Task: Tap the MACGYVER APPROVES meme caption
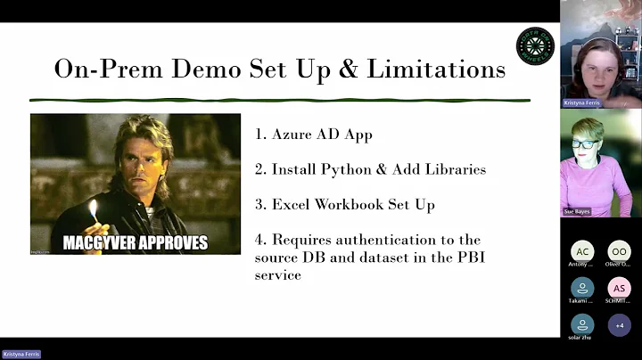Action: point(136,241)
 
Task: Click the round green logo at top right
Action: point(535,45)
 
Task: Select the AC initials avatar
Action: point(582,251)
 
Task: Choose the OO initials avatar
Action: point(619,251)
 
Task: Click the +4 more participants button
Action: point(619,324)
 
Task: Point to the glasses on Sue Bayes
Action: point(585,144)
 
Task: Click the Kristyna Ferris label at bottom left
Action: point(21,354)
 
